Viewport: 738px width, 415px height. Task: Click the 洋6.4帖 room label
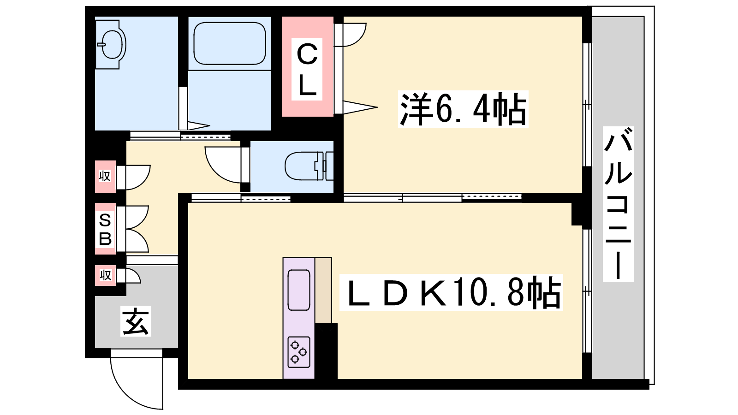click(463, 110)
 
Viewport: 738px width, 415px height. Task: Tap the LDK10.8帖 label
click(451, 292)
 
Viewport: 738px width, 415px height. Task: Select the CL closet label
click(307, 69)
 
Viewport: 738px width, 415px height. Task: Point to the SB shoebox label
click(105, 229)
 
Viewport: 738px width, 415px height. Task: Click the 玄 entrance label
click(136, 321)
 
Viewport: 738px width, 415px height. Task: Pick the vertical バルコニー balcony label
click(618, 204)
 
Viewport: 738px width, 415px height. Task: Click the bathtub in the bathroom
click(229, 44)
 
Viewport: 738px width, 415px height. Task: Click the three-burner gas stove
click(298, 352)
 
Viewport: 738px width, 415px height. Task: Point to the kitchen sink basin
click(298, 290)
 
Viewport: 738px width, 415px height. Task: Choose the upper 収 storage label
click(105, 176)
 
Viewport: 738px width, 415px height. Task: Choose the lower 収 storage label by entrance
click(106, 275)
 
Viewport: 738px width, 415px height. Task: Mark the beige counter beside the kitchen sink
click(323, 290)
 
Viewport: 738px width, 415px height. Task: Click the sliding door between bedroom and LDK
click(432, 198)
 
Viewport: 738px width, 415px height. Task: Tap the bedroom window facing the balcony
click(587, 105)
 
